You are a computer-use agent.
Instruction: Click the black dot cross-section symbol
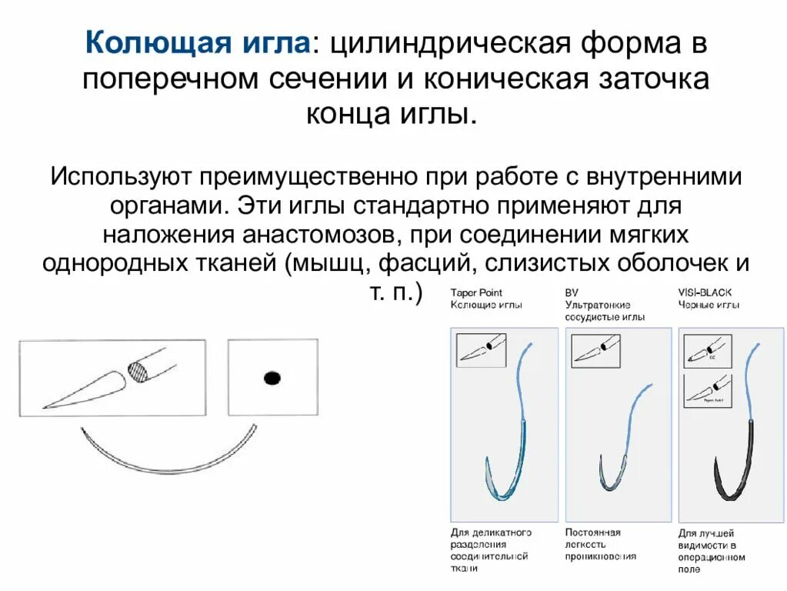coord(272,378)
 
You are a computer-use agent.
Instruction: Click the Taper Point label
coord(476,292)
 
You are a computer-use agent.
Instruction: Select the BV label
coord(572,292)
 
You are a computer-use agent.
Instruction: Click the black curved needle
coord(726,477)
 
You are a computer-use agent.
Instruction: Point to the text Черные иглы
coord(709,305)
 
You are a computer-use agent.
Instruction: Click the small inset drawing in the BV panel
coord(595,350)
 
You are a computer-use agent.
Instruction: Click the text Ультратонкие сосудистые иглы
coord(605,310)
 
